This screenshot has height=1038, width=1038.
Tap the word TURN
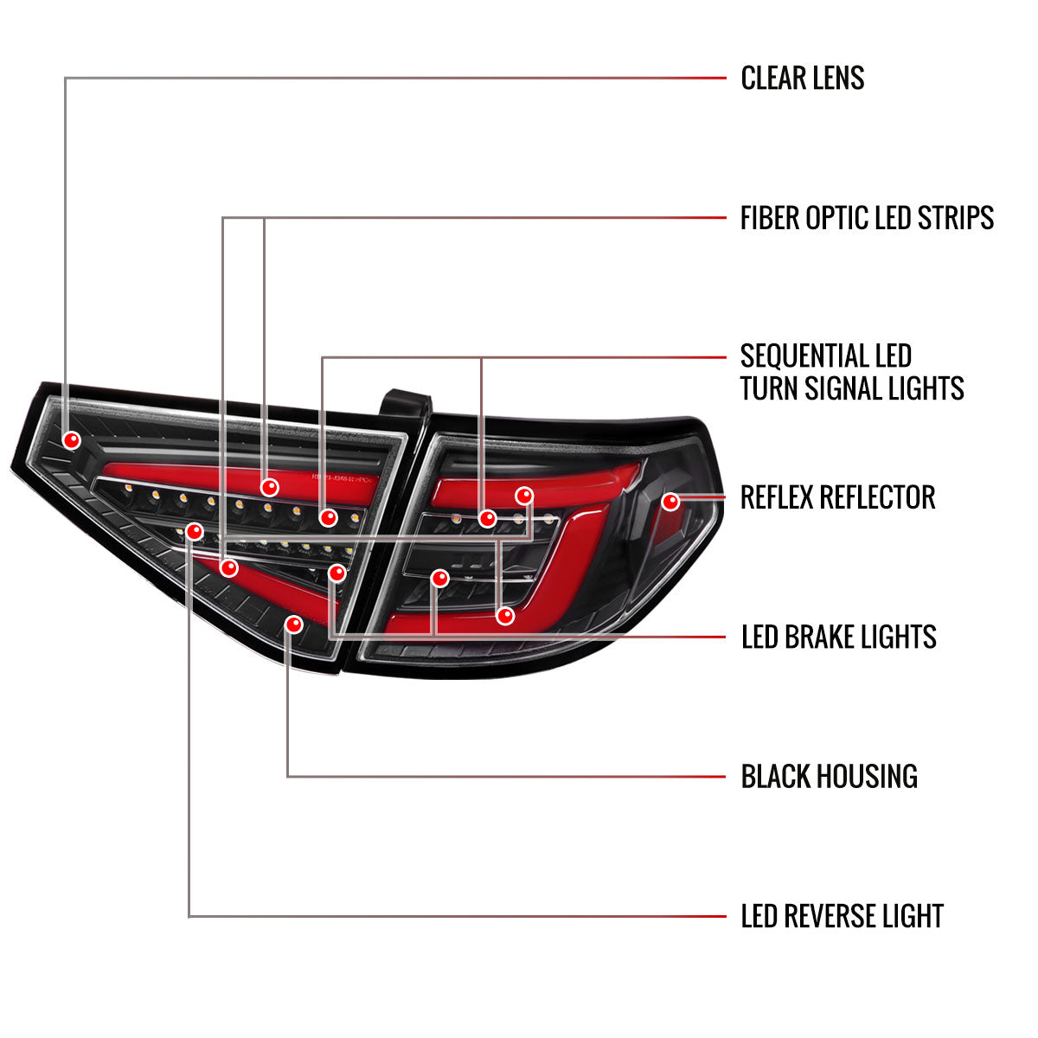(769, 388)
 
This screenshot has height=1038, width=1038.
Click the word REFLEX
(777, 497)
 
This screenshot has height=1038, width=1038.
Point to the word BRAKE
(823, 638)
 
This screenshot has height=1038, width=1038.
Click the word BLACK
(778, 777)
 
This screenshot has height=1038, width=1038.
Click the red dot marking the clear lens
(72, 440)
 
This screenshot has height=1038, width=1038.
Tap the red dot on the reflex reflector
(670, 501)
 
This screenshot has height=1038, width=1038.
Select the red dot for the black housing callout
(294, 625)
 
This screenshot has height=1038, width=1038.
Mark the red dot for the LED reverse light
(195, 531)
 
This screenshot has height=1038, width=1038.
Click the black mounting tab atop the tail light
(404, 405)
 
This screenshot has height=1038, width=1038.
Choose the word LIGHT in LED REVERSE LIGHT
(911, 916)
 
